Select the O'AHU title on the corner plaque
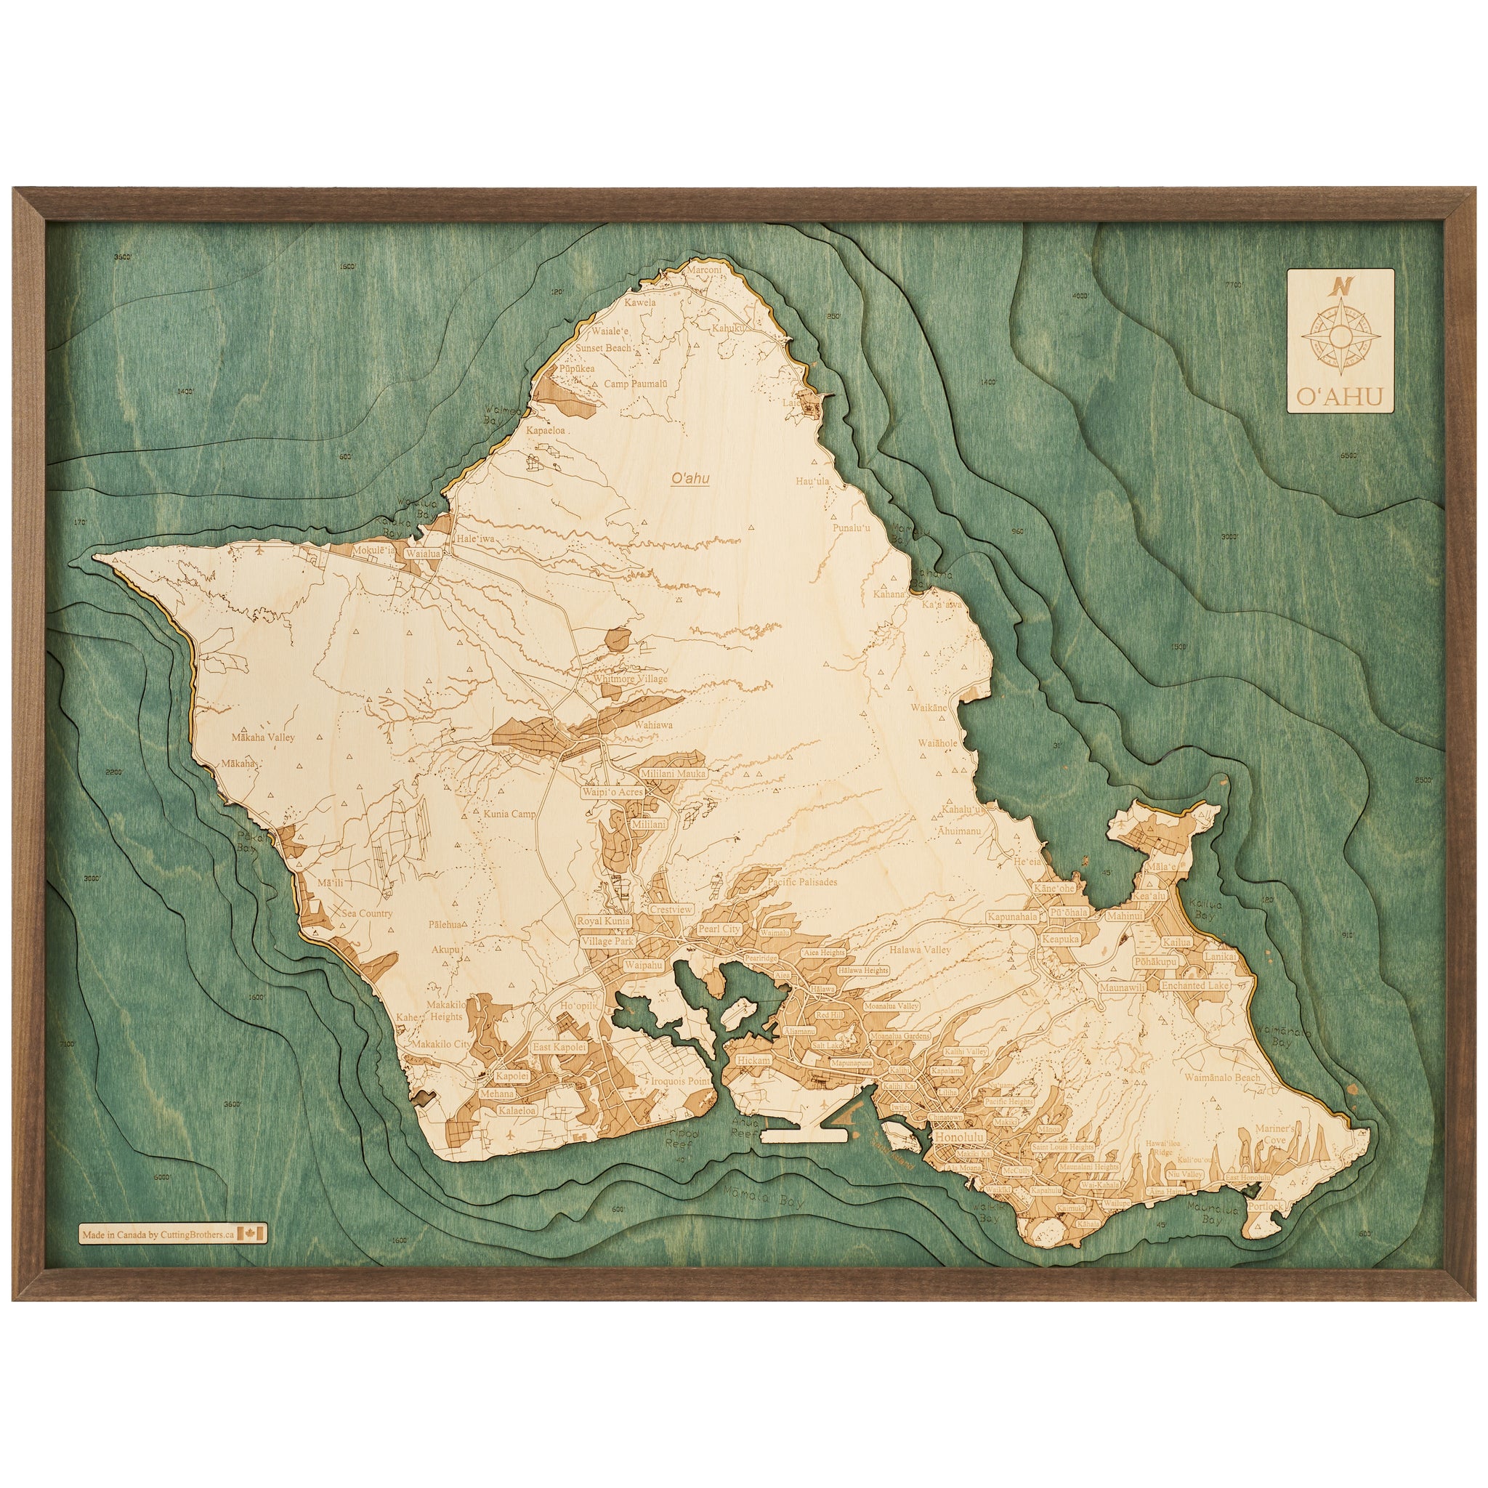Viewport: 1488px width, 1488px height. [x=1339, y=396]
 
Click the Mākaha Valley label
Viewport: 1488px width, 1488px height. [x=264, y=737]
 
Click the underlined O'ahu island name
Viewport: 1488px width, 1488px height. [x=690, y=478]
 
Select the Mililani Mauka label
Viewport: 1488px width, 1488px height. [x=672, y=772]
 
